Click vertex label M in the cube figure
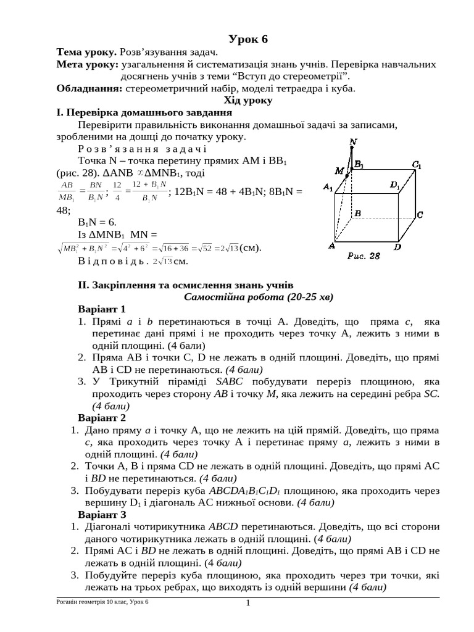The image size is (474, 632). pyautogui.click(x=339, y=170)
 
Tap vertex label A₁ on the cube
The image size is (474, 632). pyautogui.click(x=328, y=187)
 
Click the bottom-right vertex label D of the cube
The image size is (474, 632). pyautogui.click(x=398, y=247)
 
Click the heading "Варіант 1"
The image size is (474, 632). pyautogui.click(x=102, y=309)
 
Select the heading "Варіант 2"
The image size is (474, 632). pyautogui.click(x=102, y=417)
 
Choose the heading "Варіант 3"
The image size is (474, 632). pyautogui.click(x=102, y=514)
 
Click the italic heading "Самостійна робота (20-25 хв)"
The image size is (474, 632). pyautogui.click(x=258, y=297)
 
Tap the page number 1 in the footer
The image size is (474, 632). pyautogui.click(x=247, y=603)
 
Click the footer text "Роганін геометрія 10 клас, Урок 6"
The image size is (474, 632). pyautogui.click(x=102, y=602)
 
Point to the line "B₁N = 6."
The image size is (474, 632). pyautogui.click(x=97, y=222)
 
